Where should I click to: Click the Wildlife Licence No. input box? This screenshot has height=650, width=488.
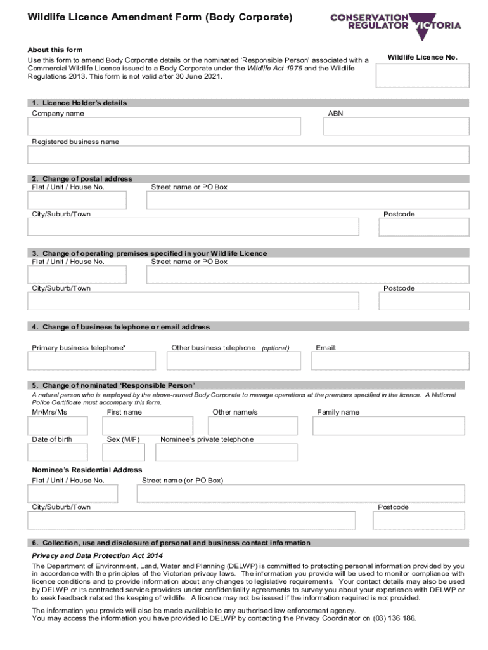tap(422, 75)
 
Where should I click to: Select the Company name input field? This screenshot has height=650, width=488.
tap(164, 126)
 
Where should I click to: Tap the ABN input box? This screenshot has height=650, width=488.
tap(396, 126)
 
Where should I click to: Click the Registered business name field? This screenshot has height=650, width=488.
tap(248, 155)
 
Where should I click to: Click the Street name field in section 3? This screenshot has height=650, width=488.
tap(307, 274)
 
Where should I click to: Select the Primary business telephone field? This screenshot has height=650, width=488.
tap(91, 361)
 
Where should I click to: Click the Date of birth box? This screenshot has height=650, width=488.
tap(58, 452)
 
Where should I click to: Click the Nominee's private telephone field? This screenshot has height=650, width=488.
tap(226, 452)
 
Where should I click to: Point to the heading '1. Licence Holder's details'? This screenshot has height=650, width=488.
tap(80, 103)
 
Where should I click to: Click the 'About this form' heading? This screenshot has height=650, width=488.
tap(55, 50)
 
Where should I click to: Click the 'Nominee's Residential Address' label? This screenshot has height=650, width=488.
tap(87, 470)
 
